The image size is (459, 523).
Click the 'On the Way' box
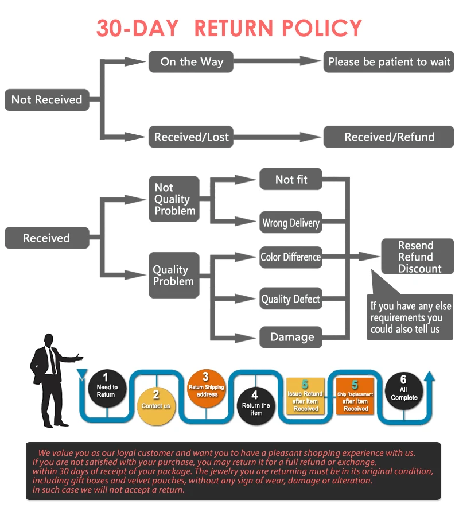coord(190,61)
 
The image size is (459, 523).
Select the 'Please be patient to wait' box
coord(388,61)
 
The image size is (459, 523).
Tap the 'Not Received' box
coord(46,100)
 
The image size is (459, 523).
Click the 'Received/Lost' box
coord(190,137)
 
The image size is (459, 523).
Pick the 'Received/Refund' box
coord(388,137)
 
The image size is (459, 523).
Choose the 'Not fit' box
coord(291,179)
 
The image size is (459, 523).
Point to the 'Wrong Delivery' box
coord(291,222)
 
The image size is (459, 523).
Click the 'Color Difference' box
coord(291,257)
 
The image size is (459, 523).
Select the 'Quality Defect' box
coord(291,299)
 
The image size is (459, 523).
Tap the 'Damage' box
coord(291,337)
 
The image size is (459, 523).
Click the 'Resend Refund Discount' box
coord(418,256)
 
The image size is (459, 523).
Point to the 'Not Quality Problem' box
coord(174,199)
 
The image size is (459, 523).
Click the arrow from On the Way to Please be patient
coord(277,61)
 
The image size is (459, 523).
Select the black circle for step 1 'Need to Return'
coord(107,388)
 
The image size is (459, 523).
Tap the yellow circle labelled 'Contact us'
coord(156,406)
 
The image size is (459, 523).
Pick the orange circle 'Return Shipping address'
coord(207,388)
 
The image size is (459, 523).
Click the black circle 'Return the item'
coord(256,406)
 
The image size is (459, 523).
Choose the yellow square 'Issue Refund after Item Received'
coord(305,396)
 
